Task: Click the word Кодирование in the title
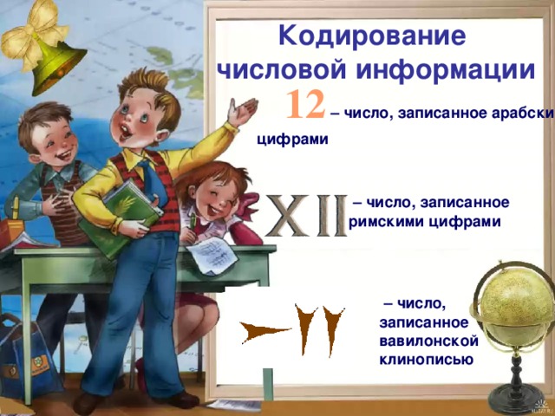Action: (373, 37)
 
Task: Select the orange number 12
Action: (305, 104)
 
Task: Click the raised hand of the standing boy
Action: (245, 111)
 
